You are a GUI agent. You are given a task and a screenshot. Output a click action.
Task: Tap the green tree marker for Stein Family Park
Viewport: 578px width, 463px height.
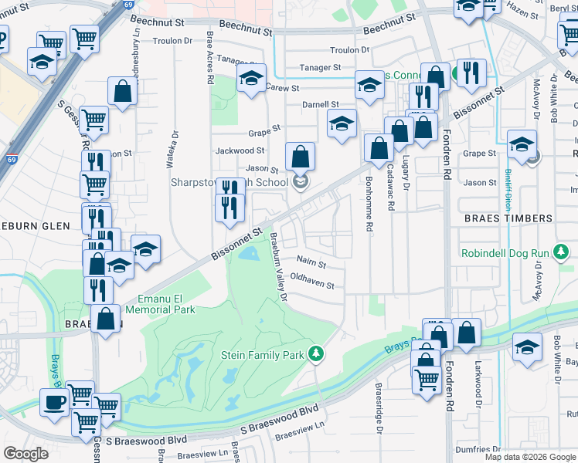(315, 354)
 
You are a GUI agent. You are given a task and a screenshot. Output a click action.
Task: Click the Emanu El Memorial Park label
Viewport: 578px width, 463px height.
(166, 304)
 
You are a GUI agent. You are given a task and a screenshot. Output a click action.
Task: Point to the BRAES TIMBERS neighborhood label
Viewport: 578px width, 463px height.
(508, 218)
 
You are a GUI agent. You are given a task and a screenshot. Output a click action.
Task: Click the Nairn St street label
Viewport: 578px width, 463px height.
(311, 265)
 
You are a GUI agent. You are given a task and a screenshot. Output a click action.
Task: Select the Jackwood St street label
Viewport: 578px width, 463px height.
(240, 151)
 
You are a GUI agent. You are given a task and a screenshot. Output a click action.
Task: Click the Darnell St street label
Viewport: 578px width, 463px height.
(321, 104)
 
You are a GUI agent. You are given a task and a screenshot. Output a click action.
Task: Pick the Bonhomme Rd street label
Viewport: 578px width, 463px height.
(369, 193)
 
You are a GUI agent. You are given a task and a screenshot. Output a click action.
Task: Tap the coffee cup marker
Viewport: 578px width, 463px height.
(53, 403)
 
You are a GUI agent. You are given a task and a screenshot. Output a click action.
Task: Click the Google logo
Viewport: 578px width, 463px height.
(25, 454)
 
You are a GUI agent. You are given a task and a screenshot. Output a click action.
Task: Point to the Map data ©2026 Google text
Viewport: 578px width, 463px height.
(530, 457)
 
